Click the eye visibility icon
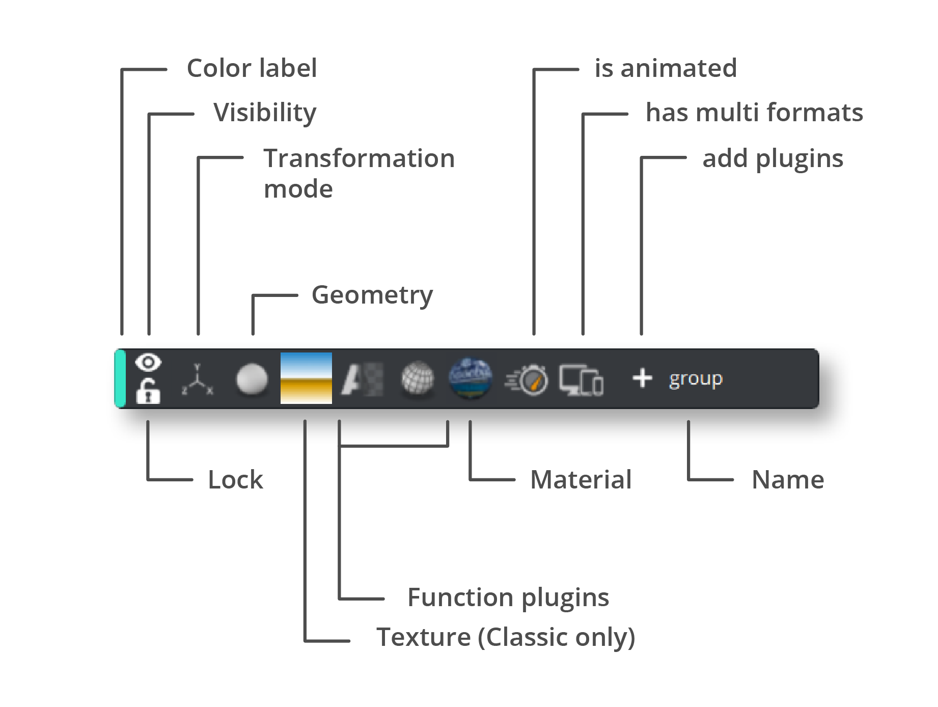[148, 363]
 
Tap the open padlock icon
[148, 392]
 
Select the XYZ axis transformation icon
[198, 380]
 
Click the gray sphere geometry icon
[252, 379]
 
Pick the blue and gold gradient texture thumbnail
[306, 378]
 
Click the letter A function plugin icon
[361, 379]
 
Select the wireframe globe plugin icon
[418, 378]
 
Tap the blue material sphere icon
[471, 377]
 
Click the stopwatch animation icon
[528, 379]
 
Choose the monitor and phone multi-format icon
[581, 380]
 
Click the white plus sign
[642, 378]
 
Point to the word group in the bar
[696, 379]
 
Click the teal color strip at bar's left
[121, 378]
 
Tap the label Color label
[252, 68]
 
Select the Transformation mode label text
[358, 173]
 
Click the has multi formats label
[754, 113]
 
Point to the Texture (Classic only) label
[505, 637]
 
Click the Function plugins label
[508, 597]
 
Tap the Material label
[581, 480]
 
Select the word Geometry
[372, 295]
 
